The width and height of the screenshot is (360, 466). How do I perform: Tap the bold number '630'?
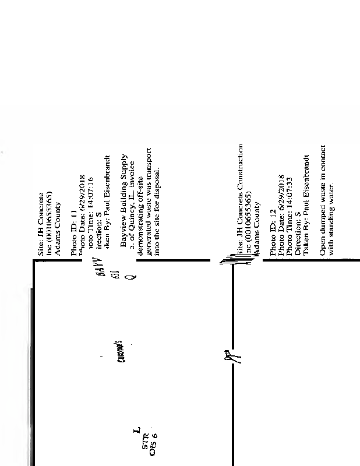(117, 274)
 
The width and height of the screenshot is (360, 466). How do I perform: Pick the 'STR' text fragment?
(146, 434)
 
